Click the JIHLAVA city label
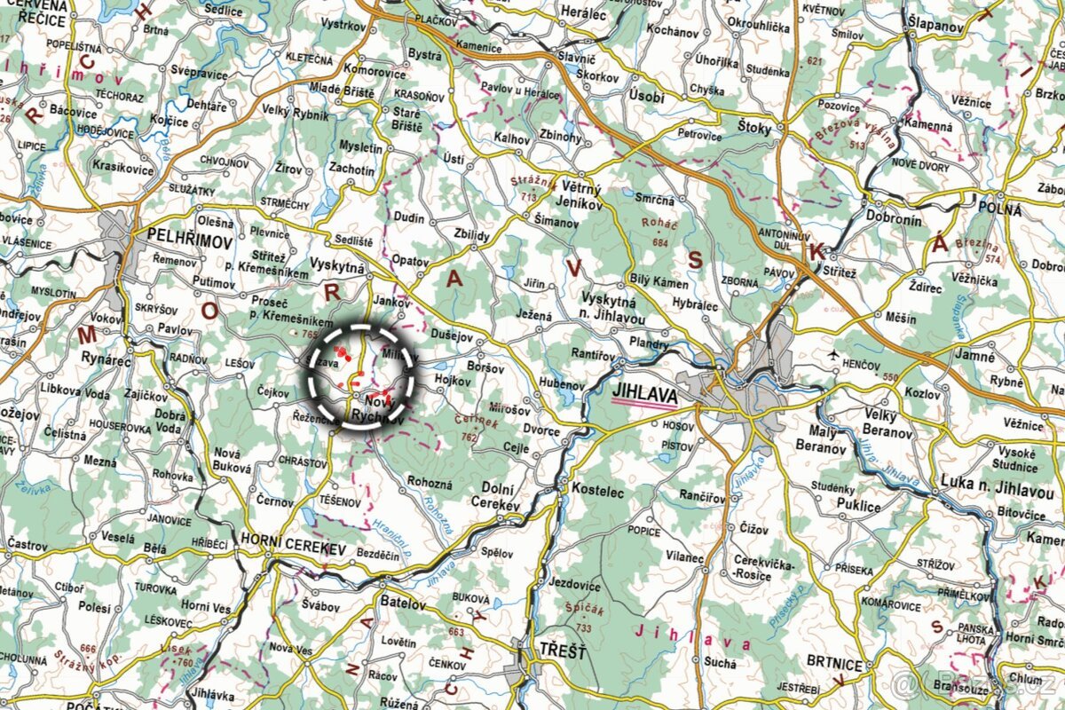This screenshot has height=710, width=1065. coord(644,395)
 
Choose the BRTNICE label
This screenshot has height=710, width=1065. coord(834,664)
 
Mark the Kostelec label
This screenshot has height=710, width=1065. coord(599,492)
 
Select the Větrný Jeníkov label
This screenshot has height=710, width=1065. coord(582,195)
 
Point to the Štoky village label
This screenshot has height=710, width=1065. coord(754,127)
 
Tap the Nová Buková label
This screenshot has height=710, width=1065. coord(233,461)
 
